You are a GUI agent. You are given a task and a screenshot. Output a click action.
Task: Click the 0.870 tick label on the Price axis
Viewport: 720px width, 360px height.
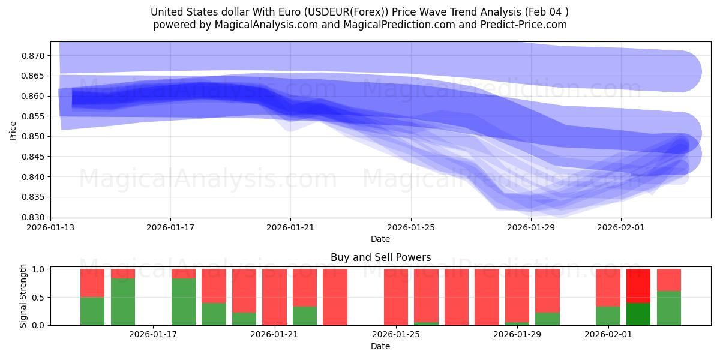point(35,56)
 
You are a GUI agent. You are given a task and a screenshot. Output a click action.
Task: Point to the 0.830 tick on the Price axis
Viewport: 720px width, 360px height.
point(35,217)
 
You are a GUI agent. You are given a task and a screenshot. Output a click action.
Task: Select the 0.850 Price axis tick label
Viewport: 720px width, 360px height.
point(35,136)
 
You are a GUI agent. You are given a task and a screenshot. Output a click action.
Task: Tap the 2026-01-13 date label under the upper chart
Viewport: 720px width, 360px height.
point(50,227)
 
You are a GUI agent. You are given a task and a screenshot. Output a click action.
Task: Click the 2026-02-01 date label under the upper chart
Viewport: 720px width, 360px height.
point(621,227)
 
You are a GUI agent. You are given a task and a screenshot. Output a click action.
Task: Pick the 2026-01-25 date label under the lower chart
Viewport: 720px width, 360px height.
point(396,335)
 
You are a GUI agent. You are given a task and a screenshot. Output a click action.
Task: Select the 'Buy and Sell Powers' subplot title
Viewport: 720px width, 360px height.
point(380,257)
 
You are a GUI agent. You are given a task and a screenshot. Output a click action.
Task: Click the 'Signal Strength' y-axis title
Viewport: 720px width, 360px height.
point(24,296)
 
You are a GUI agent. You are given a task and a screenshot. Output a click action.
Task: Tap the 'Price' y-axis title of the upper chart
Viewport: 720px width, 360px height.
point(13,130)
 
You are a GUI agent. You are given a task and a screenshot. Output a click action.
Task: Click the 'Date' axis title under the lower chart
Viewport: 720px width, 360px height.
point(380,346)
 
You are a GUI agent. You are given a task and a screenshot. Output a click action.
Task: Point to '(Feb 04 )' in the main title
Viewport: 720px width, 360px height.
point(546,11)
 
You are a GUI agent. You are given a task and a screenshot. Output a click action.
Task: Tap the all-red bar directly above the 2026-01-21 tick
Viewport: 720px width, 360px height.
point(274,297)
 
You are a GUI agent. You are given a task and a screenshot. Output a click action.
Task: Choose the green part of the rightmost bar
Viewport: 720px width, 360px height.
point(669,308)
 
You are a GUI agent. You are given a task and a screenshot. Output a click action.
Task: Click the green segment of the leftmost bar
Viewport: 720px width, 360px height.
point(92,311)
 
